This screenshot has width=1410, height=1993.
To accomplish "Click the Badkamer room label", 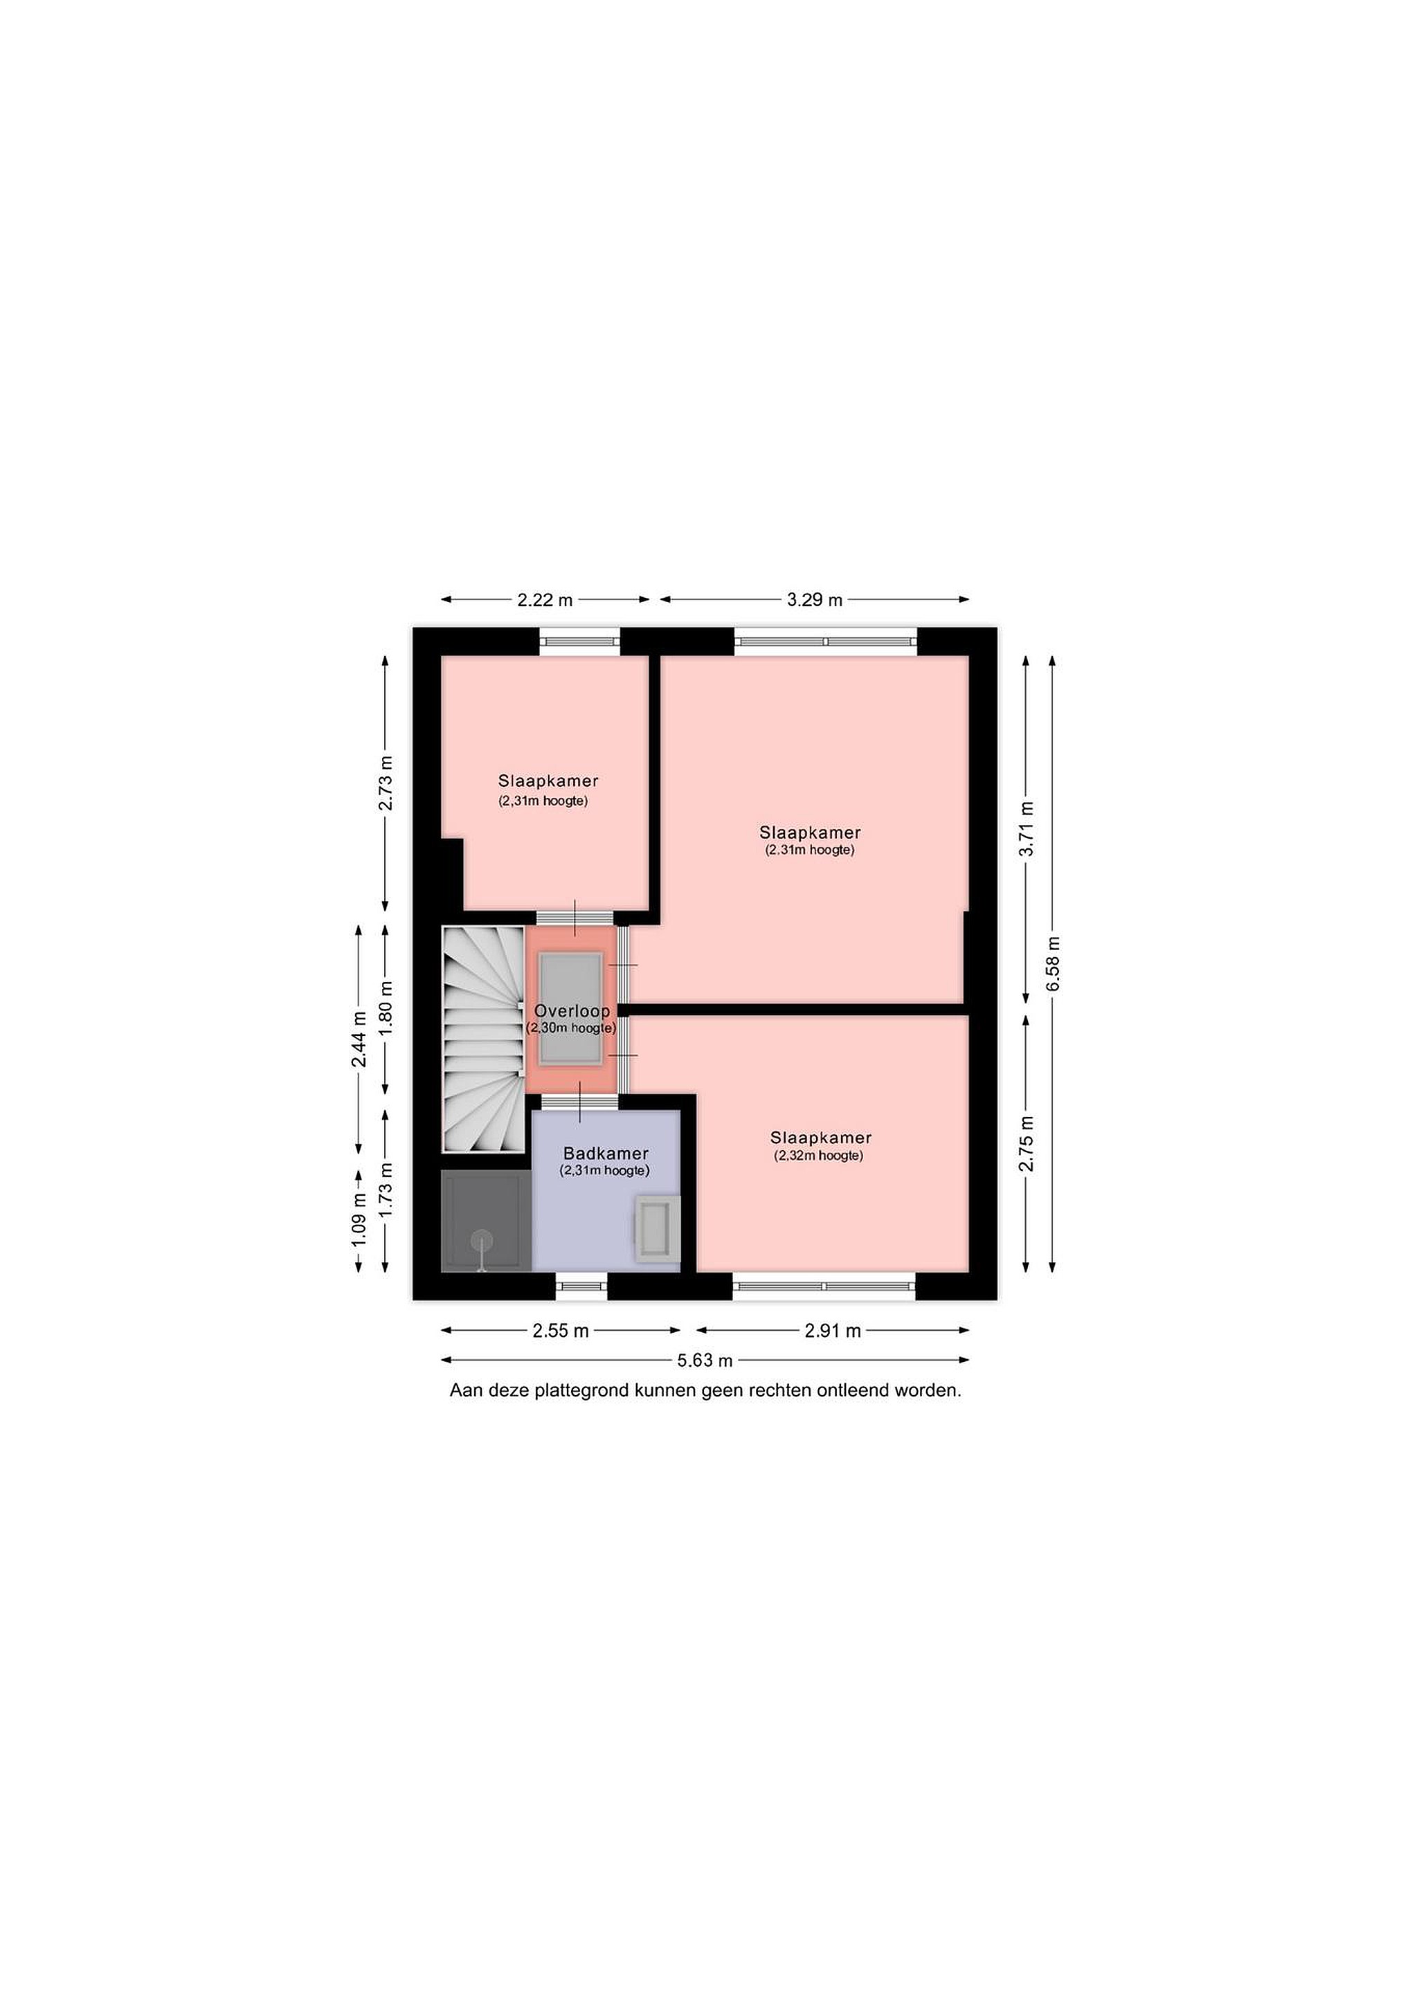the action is (605, 1154).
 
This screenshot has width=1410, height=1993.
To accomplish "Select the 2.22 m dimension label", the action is (545, 600).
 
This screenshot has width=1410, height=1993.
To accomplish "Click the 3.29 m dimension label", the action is (815, 600).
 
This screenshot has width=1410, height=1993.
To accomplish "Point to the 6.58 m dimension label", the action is (1053, 963).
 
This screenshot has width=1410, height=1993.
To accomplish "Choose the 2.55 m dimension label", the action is (561, 1331).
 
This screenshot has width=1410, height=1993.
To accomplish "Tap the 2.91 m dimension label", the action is (833, 1331).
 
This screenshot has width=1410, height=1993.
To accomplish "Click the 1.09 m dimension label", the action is (359, 1221).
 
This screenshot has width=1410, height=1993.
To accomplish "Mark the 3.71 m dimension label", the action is (1027, 828).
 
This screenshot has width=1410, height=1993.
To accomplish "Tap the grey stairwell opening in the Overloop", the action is (570, 1010).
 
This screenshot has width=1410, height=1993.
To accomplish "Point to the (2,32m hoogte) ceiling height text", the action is (819, 1156).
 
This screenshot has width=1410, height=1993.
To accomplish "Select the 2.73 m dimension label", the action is (386, 783).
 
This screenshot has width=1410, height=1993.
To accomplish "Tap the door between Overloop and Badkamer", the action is (580, 1102).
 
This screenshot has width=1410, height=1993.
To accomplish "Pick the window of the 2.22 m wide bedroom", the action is (580, 641).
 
